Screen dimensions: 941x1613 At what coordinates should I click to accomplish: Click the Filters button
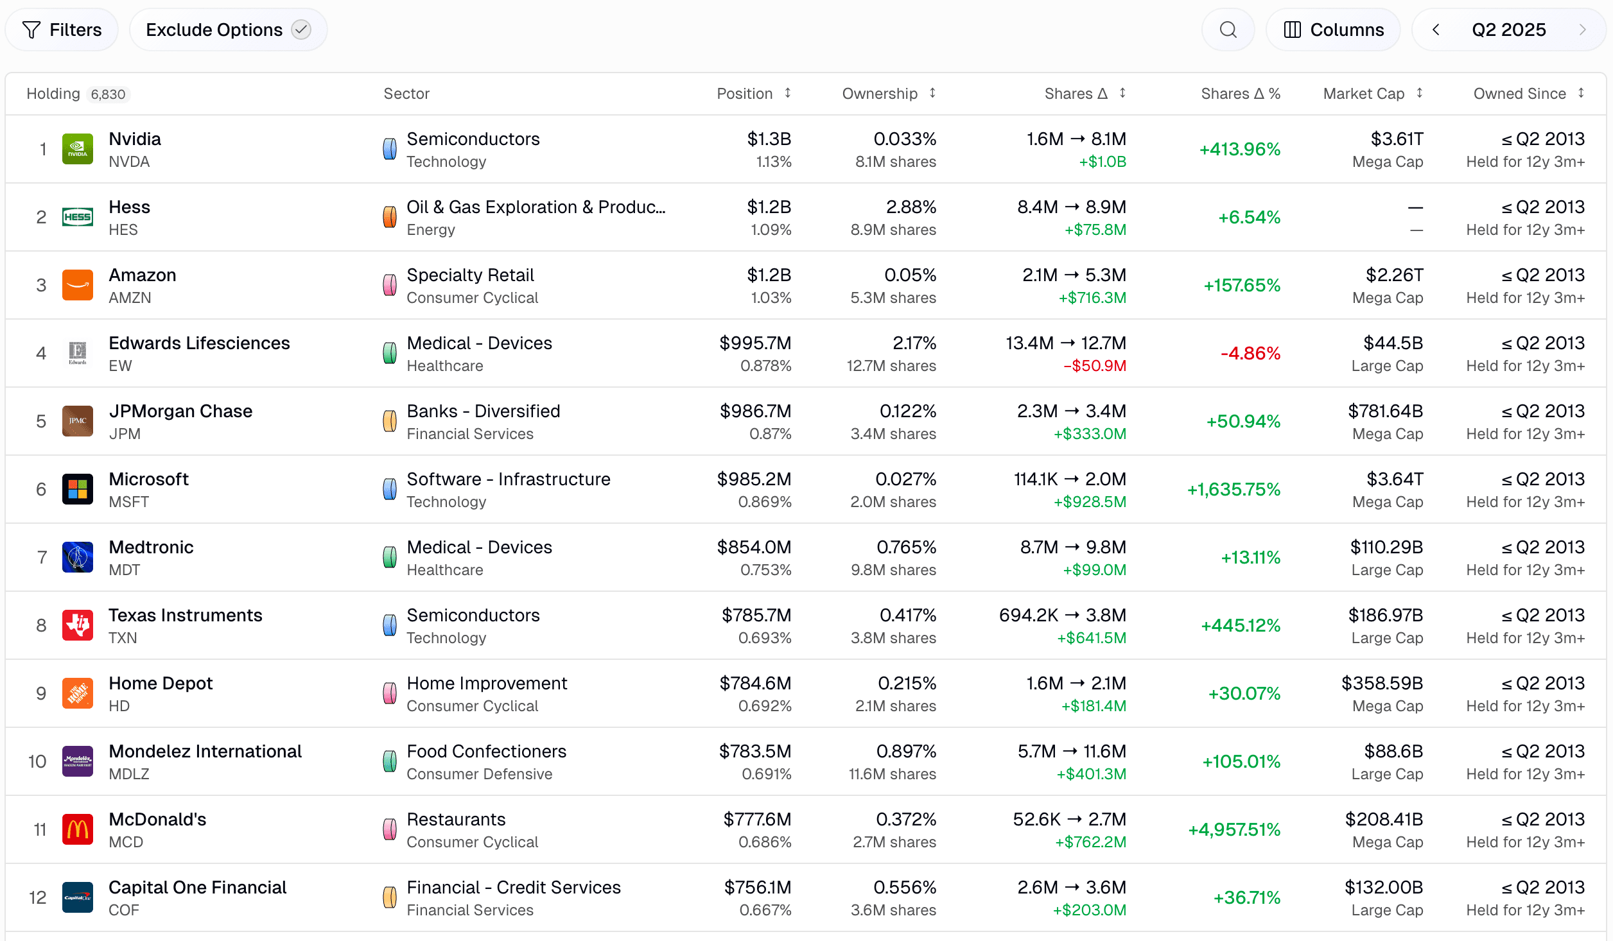pyautogui.click(x=62, y=30)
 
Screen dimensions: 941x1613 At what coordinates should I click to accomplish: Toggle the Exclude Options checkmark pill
pyautogui.click(x=228, y=30)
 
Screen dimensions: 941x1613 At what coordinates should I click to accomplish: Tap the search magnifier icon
pyautogui.click(x=1228, y=30)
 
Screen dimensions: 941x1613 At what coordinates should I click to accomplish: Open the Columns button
pyautogui.click(x=1333, y=30)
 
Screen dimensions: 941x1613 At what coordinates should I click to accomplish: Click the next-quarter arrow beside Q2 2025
pyautogui.click(x=1582, y=30)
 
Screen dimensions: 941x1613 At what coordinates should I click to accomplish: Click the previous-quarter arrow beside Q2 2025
pyautogui.click(x=1436, y=30)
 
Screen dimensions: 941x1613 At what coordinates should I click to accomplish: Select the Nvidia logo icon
pyautogui.click(x=78, y=149)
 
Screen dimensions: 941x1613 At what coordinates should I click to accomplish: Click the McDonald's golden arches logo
pyautogui.click(x=78, y=829)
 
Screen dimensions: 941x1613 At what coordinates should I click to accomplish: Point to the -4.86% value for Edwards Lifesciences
pyautogui.click(x=1250, y=353)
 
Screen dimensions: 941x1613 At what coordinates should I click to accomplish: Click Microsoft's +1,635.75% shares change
pyautogui.click(x=1233, y=489)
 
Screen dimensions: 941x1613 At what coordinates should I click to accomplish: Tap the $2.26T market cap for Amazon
pyautogui.click(x=1394, y=275)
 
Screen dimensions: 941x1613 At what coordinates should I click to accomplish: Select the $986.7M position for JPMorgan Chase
pyautogui.click(x=755, y=411)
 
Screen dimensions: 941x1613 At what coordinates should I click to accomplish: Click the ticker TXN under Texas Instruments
pyautogui.click(x=123, y=638)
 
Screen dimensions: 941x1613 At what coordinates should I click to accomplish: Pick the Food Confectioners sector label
pyautogui.click(x=486, y=751)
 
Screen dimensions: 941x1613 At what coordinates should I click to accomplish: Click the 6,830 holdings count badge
pyautogui.click(x=108, y=94)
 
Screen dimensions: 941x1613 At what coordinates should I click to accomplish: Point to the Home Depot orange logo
pyautogui.click(x=78, y=693)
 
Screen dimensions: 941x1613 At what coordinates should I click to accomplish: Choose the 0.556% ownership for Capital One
pyautogui.click(x=904, y=887)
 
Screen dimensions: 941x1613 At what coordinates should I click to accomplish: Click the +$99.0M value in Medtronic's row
pyautogui.click(x=1094, y=570)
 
